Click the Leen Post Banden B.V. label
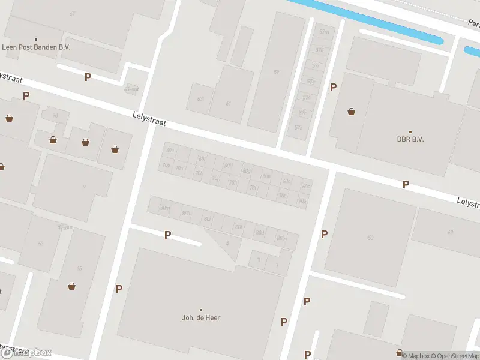(35, 46)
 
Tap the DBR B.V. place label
(410, 139)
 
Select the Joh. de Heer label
(201, 317)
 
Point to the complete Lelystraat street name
(149, 117)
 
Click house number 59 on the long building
(276, 73)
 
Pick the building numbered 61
(228, 103)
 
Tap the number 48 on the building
(449, 232)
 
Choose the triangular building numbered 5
(227, 243)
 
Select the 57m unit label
(325, 31)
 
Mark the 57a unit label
(298, 127)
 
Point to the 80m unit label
(164, 208)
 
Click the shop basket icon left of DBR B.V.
(351, 111)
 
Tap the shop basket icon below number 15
(72, 286)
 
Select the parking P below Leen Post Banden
(88, 77)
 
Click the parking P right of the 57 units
(333, 88)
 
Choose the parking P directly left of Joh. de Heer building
(119, 289)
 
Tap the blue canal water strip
(372, 21)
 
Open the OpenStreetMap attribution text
(454, 356)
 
